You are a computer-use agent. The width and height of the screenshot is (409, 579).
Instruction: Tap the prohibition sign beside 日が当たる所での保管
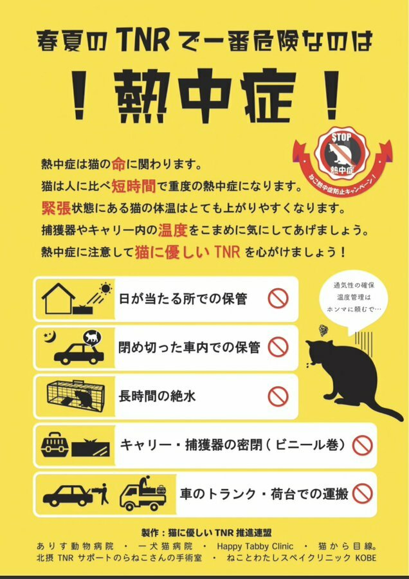[278, 299]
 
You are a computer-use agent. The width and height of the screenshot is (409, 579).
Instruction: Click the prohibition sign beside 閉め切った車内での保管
[278, 347]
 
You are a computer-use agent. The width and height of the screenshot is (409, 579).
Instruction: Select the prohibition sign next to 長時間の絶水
[278, 396]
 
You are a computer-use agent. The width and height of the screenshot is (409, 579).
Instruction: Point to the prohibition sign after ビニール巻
[363, 445]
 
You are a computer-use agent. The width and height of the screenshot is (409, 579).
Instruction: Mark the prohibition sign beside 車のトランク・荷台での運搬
[363, 493]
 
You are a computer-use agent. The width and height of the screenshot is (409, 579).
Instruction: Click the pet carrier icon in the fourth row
[55, 445]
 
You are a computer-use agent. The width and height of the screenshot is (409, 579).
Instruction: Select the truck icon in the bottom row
[143, 494]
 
